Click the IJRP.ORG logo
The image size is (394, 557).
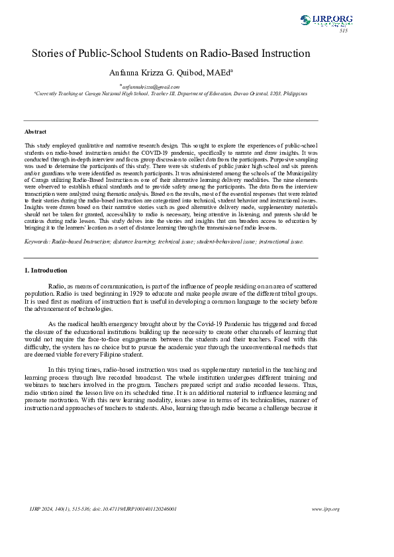(x=326, y=20)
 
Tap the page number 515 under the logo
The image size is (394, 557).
(x=343, y=31)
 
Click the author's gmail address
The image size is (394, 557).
(x=151, y=87)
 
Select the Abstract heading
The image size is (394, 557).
(x=35, y=132)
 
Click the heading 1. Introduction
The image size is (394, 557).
(x=46, y=271)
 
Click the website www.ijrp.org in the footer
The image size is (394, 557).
(x=325, y=509)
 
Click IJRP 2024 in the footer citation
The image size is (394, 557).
(x=44, y=509)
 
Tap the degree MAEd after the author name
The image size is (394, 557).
(x=219, y=73)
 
